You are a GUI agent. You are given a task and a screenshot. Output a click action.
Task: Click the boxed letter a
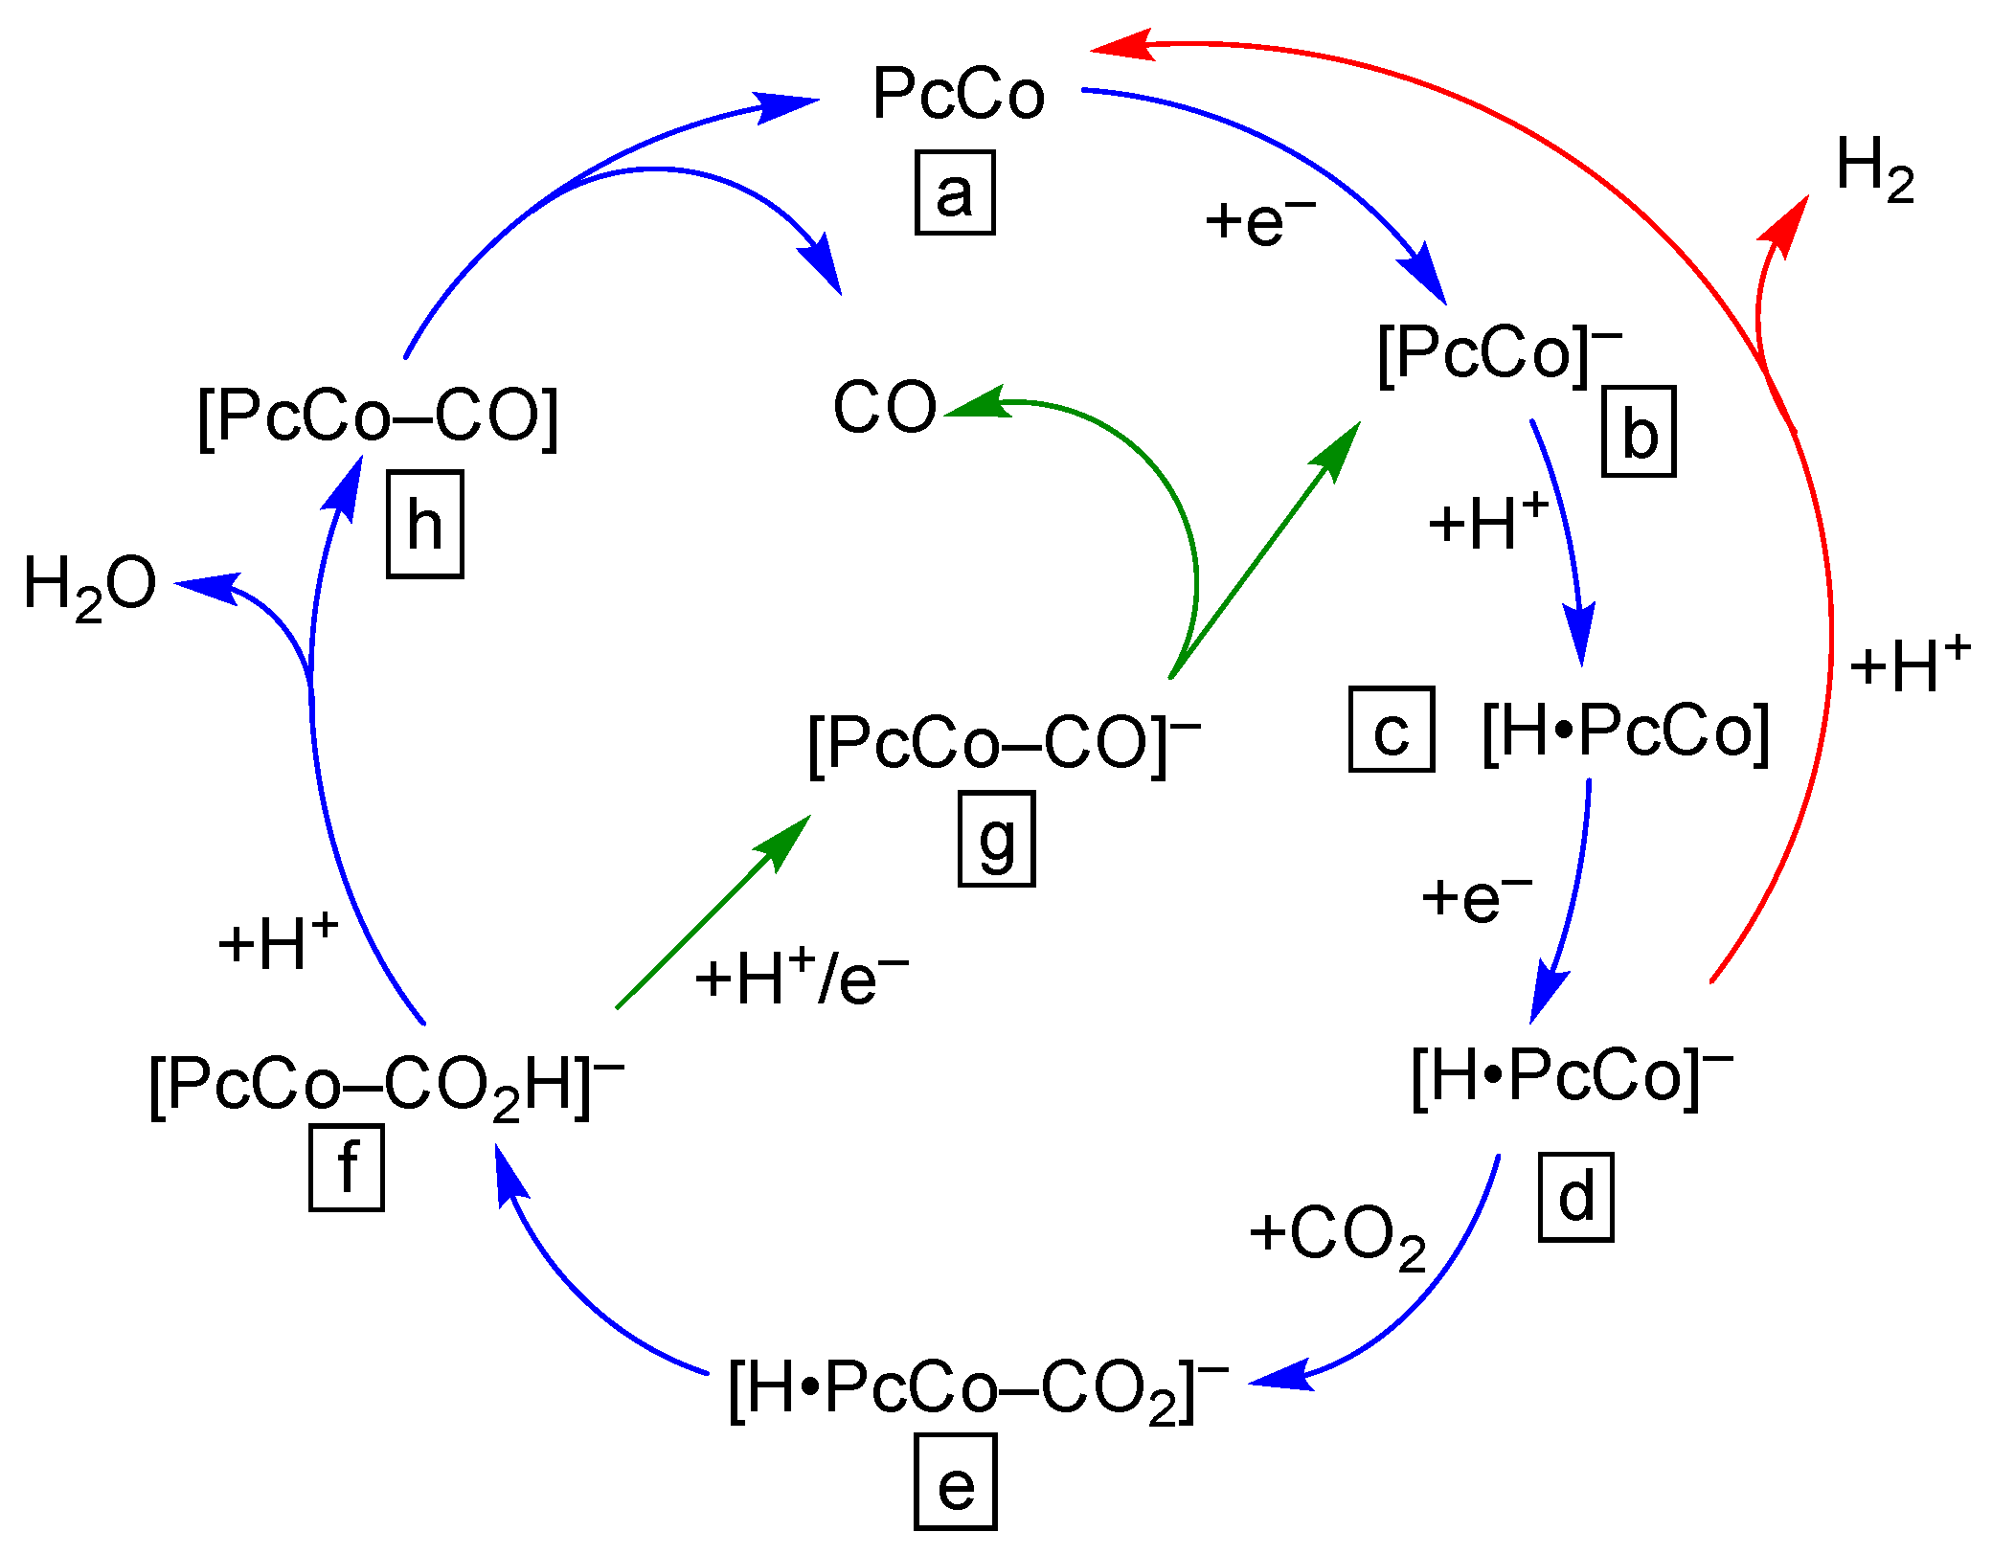955,192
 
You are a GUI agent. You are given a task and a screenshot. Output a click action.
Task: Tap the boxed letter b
1639,432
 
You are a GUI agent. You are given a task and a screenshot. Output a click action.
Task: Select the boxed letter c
1392,730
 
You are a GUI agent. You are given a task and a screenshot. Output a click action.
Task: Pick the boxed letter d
1575,1197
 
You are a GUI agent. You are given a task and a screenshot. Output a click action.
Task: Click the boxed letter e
955,1481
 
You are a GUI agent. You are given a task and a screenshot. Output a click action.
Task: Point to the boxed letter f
347,1168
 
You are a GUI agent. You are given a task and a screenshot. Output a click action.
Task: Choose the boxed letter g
996,839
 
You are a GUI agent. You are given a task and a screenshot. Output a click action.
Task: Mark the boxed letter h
425,525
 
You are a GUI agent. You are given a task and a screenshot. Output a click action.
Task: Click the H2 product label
1874,169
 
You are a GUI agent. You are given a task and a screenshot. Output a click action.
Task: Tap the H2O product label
89,586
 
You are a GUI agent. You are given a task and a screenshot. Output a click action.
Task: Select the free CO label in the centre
884,407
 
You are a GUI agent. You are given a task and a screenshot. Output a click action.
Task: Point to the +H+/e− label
801,978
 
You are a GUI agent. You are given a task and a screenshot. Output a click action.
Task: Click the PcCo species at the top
958,94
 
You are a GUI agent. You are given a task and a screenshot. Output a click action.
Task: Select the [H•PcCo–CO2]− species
978,1388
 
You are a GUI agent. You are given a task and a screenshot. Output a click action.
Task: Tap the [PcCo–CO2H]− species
387,1087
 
